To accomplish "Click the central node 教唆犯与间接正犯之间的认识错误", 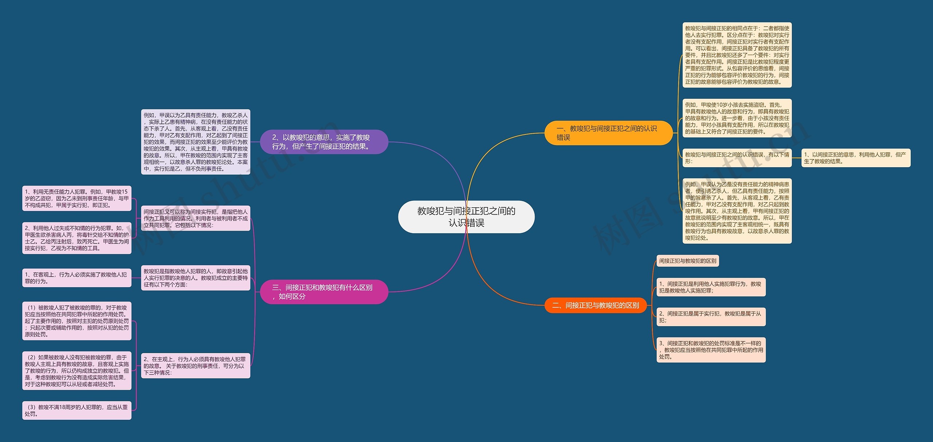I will [466, 217].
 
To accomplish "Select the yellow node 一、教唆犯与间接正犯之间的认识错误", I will [608, 133].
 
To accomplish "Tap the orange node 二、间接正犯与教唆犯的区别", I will [595, 305].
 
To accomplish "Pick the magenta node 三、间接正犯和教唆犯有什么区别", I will [324, 292].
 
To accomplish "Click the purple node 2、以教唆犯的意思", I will [324, 142].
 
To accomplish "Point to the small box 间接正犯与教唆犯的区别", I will [687, 261].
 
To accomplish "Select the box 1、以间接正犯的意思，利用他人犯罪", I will [855, 158].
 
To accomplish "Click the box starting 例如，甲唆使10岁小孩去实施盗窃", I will [737, 118].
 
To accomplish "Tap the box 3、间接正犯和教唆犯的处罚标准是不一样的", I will [711, 350].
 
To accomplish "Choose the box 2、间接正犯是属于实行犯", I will [711, 317].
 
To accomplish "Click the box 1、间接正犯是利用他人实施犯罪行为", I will [711, 287].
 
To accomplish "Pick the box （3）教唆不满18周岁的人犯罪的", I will [77, 410].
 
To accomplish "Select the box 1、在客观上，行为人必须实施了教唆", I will [77, 278].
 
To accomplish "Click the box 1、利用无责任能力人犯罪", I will [77, 198].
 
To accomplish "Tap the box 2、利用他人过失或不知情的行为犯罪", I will [77, 238].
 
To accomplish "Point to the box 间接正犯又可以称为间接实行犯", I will [195, 218].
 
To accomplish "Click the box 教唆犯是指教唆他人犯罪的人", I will [195, 278].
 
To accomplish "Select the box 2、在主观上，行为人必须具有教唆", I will [195, 366].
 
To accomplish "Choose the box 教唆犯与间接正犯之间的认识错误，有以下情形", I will [737, 158].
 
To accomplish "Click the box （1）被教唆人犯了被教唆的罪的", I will [77, 321].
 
